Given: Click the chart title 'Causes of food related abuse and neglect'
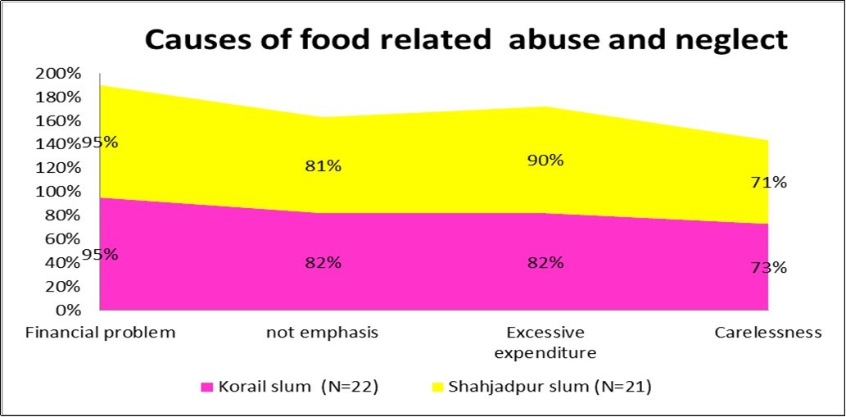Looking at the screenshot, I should (466, 39).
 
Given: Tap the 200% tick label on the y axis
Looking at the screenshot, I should (58, 74).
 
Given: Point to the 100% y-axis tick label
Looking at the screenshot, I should (58, 192).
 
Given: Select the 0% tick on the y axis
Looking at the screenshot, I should (69, 310).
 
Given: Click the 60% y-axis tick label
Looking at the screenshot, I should (62, 239).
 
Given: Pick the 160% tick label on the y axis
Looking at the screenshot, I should (58, 121).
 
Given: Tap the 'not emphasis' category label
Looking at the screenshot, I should (322, 333).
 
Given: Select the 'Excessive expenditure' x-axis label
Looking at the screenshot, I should (545, 342).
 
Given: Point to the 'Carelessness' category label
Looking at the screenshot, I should (767, 333).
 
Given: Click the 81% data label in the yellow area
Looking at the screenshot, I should (322, 166).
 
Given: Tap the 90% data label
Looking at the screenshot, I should (545, 161).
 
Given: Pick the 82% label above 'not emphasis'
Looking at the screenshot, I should (322, 263).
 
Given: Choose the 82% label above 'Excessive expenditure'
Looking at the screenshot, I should (545, 263).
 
